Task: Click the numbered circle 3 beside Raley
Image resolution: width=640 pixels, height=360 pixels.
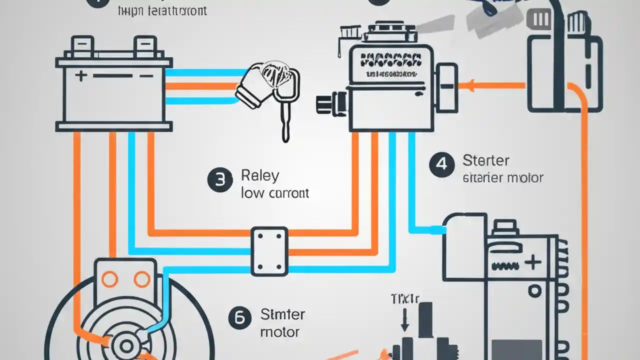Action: pyautogui.click(x=220, y=180)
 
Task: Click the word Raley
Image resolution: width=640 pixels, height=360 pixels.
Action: pyautogui.click(x=260, y=176)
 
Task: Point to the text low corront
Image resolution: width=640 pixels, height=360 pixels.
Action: pyautogui.click(x=274, y=193)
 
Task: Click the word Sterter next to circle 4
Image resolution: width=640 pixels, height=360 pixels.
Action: pyautogui.click(x=485, y=161)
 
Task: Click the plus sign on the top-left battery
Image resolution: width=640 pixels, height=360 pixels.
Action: pyautogui.click(x=80, y=76)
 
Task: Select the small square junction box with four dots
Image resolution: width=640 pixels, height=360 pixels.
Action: pyautogui.click(x=269, y=251)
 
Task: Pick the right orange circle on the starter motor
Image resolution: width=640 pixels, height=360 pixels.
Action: pyautogui.click(x=141, y=279)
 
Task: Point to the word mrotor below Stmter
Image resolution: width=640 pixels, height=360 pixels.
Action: pyautogui.click(x=280, y=331)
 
